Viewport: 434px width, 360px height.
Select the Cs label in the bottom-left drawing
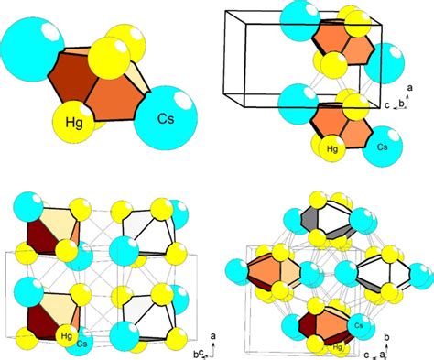pyautogui.click(x=82, y=344)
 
